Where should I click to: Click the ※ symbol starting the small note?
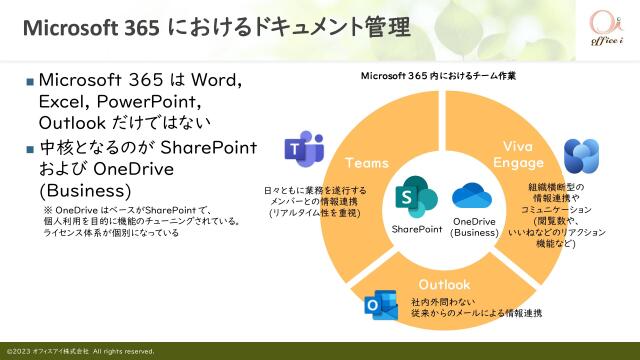click(46, 209)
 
